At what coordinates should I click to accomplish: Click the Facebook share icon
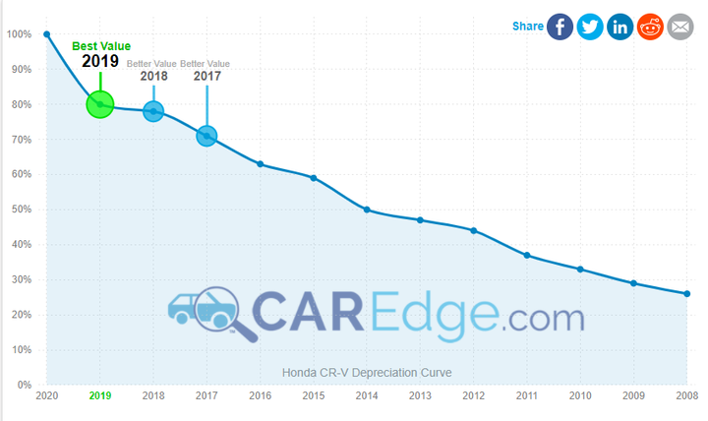pyautogui.click(x=560, y=27)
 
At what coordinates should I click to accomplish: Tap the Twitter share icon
pyautogui.click(x=590, y=27)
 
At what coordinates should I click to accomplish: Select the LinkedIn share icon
pyautogui.click(x=620, y=27)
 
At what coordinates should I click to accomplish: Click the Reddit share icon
pyautogui.click(x=650, y=27)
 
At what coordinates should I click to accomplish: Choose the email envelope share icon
pyautogui.click(x=680, y=27)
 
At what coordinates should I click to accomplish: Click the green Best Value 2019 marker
pyautogui.click(x=100, y=104)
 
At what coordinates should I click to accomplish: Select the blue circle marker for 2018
pyautogui.click(x=153, y=111)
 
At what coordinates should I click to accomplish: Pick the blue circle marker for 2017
pyautogui.click(x=206, y=136)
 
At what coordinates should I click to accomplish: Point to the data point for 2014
pyautogui.click(x=367, y=210)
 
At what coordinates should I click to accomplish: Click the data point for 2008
pyautogui.click(x=686, y=293)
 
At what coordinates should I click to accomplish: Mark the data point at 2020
pyautogui.click(x=46, y=34)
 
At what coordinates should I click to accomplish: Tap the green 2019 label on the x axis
pyautogui.click(x=100, y=395)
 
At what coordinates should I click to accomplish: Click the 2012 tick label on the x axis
pyautogui.click(x=473, y=395)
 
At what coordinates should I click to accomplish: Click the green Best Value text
pyautogui.click(x=100, y=45)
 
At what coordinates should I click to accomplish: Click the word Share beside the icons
pyautogui.click(x=527, y=27)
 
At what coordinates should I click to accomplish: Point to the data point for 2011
pyautogui.click(x=527, y=255)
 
